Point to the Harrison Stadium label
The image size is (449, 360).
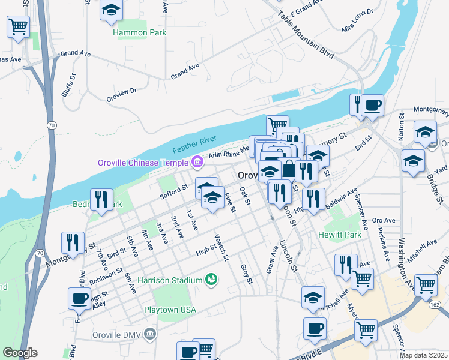coord(170,280)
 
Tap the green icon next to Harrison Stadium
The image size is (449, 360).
coord(211,279)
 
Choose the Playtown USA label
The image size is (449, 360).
coord(170,310)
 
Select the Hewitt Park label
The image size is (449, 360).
coord(340,235)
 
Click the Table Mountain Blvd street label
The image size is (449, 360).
coord(306,37)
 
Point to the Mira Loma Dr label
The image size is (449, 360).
coord(357,20)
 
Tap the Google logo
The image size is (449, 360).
coord(20,353)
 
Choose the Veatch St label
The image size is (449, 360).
coord(221,248)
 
